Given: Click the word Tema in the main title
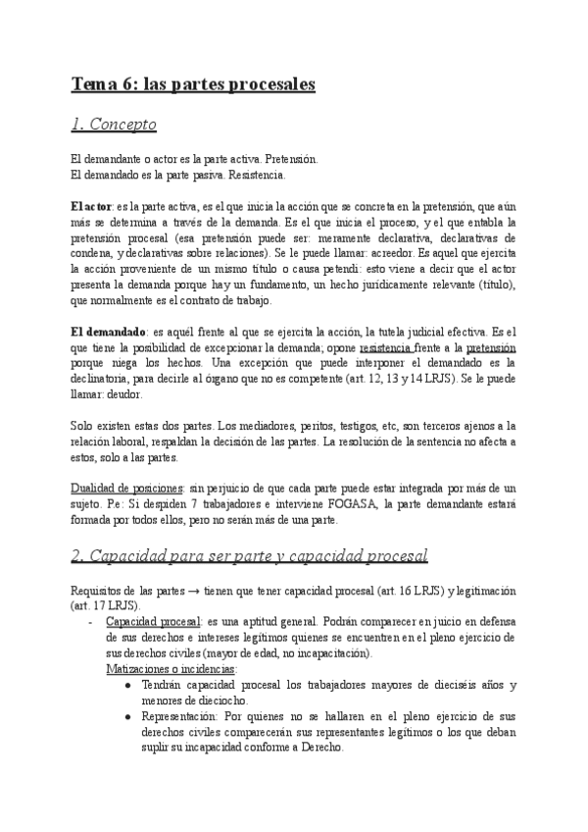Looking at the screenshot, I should tap(92, 85).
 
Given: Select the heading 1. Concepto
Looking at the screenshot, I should tap(115, 125).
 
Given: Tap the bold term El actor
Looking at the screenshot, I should tap(91, 207).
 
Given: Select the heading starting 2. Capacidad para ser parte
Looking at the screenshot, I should tap(250, 556).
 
